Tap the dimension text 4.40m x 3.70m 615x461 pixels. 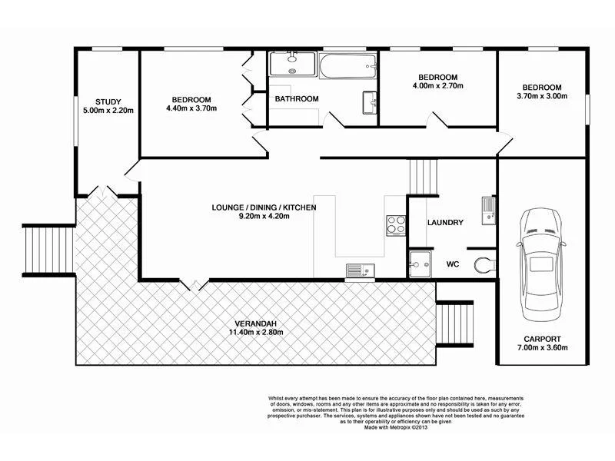click(x=191, y=109)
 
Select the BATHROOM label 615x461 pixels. click(x=297, y=99)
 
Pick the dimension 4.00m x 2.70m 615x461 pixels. click(x=437, y=88)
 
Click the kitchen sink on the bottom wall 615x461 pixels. click(x=359, y=270)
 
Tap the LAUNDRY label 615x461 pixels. click(x=446, y=223)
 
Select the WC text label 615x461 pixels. click(x=453, y=265)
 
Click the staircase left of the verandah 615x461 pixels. click(x=48, y=248)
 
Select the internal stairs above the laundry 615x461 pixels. click(x=423, y=177)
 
